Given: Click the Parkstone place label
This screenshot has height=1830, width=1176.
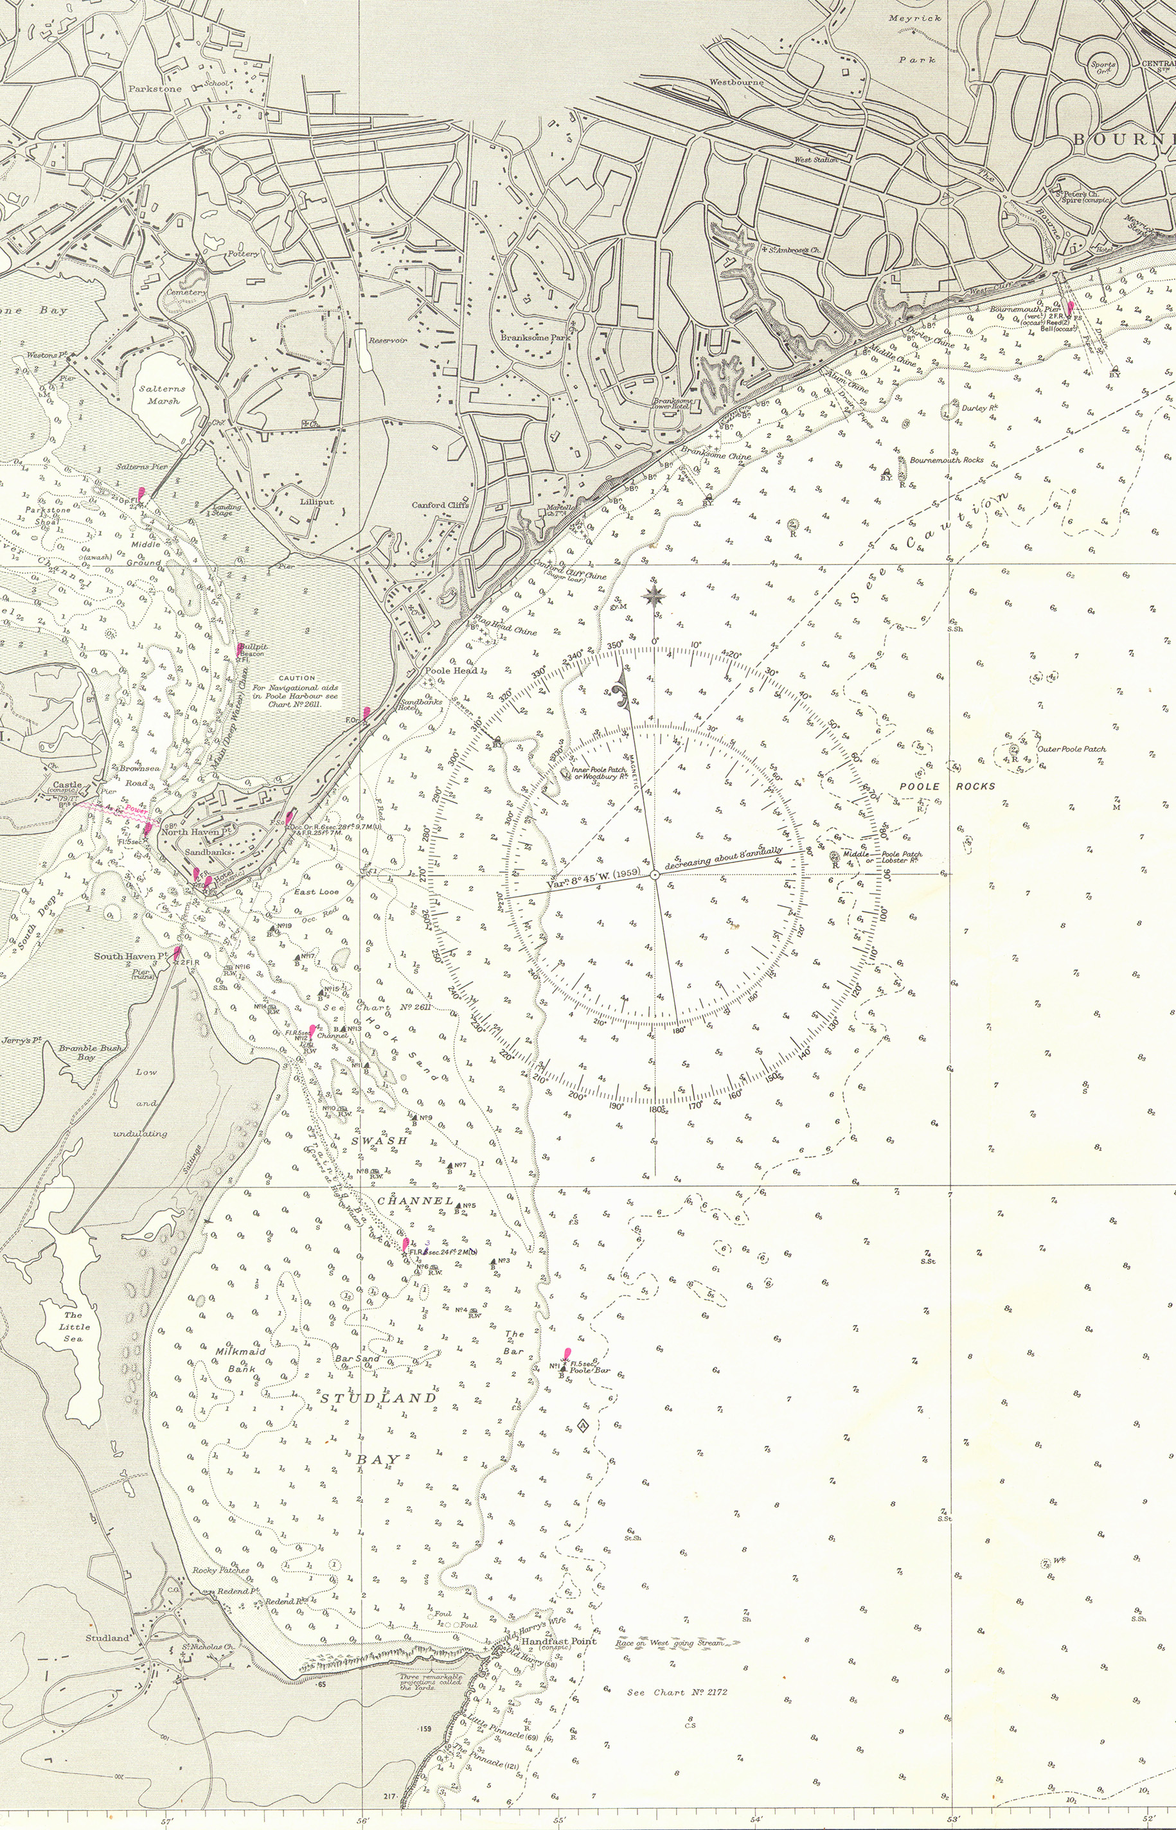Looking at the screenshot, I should click(x=155, y=89).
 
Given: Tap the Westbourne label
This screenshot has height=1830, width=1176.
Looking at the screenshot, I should click(x=736, y=82).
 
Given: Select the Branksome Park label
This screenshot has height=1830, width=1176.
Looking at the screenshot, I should click(x=536, y=337).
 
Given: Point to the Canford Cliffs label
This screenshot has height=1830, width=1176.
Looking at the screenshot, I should click(x=440, y=504).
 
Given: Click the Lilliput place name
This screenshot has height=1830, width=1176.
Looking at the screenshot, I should click(x=316, y=502).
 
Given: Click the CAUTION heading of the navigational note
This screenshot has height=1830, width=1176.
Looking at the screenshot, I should click(x=296, y=677).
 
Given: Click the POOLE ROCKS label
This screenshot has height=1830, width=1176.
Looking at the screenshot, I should click(x=947, y=786).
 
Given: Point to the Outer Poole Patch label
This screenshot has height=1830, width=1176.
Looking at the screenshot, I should click(x=1071, y=749).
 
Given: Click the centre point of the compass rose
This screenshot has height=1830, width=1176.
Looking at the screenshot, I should click(x=654, y=876).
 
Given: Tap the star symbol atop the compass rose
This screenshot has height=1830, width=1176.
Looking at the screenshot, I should click(x=654, y=596).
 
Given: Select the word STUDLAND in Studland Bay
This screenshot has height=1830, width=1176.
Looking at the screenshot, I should click(x=378, y=1398).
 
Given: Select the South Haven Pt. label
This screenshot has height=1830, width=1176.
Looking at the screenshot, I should click(x=130, y=956).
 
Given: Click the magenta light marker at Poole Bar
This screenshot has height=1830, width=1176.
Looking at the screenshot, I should click(x=566, y=1354).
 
